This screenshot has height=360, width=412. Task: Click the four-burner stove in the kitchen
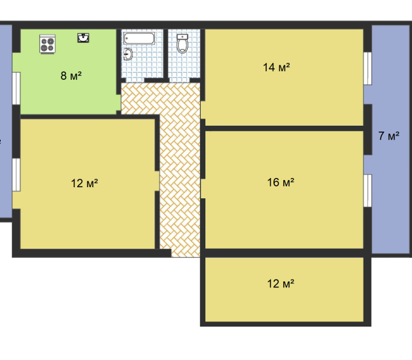48,44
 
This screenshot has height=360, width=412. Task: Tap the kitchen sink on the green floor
83,38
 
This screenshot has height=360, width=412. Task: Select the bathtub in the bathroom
139,39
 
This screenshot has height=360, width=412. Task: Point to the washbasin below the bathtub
128,54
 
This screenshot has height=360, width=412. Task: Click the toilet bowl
182,46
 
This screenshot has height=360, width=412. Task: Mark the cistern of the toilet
182,37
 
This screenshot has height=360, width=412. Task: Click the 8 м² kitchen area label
71,76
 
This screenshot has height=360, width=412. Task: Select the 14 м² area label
277,67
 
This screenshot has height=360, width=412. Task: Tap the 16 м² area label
281,182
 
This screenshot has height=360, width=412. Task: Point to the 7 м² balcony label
389,135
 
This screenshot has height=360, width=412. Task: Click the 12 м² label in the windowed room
84,183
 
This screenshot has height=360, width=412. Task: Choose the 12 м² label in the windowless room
281,283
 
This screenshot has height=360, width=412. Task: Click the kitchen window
16,88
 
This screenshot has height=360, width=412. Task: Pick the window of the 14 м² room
368,68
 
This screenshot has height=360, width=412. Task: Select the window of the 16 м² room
368,190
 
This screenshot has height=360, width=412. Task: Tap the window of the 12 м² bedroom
16,175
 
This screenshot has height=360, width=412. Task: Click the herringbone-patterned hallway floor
180,168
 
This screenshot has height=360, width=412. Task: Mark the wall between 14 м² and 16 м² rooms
284,128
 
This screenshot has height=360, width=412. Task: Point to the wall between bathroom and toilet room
166,54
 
